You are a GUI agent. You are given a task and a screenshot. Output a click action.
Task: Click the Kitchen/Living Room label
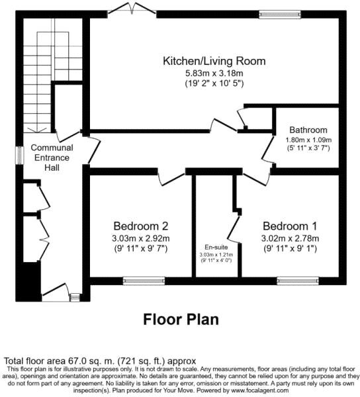click(x=214, y=61)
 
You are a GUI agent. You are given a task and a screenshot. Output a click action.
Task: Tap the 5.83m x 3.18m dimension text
click(x=214, y=73)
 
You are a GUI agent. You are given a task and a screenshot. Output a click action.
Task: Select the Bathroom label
click(x=308, y=130)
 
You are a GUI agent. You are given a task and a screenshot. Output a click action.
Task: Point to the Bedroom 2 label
click(x=140, y=225)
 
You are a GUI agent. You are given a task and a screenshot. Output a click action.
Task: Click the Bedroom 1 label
click(x=291, y=225)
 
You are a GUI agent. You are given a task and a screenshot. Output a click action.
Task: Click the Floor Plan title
click(x=181, y=320)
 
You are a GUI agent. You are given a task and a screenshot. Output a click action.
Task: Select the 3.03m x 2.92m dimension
click(x=141, y=238)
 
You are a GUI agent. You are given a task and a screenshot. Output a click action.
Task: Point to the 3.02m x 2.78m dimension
click(x=291, y=238)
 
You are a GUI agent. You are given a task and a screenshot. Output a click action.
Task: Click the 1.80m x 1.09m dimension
click(x=308, y=140)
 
